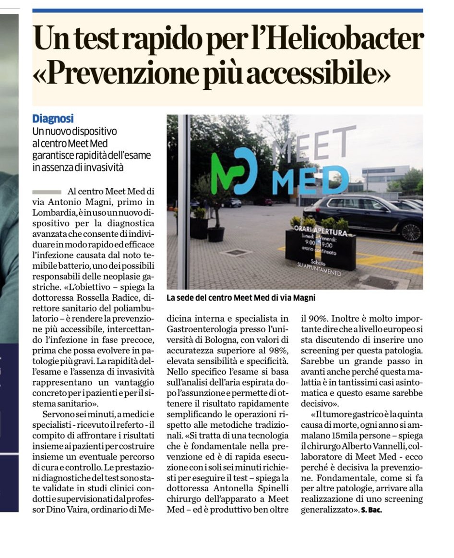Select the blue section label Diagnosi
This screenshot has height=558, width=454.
pos(53,119)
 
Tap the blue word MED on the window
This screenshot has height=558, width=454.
pos(311,181)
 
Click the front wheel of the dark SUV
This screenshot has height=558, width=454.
pos(412,231)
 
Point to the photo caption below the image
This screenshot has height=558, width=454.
pos(241,298)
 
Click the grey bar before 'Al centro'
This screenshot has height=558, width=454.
pos(47,192)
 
